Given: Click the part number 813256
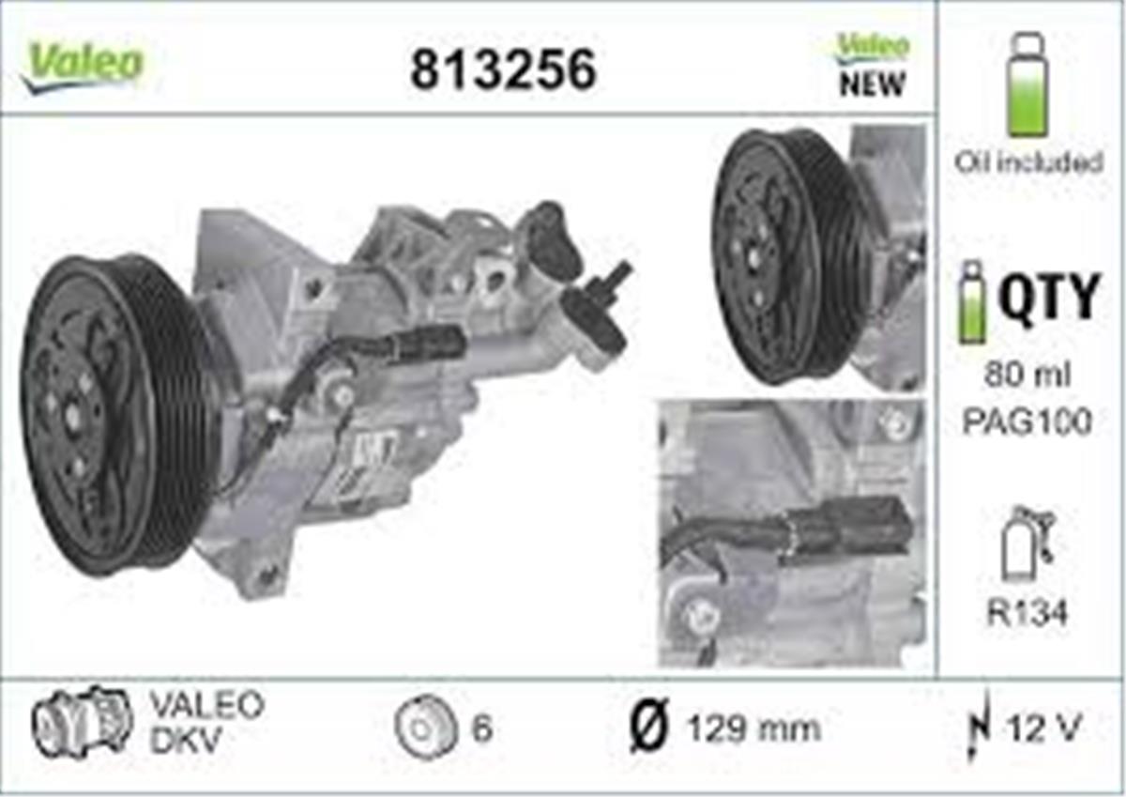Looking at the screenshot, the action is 503,69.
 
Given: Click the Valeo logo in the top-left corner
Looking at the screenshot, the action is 83,68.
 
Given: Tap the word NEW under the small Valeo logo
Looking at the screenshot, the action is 872,84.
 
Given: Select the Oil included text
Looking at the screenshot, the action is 1029,162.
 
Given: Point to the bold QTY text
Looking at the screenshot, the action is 1049,298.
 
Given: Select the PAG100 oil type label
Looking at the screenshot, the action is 1027,422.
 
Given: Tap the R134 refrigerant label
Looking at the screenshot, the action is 1027,613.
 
